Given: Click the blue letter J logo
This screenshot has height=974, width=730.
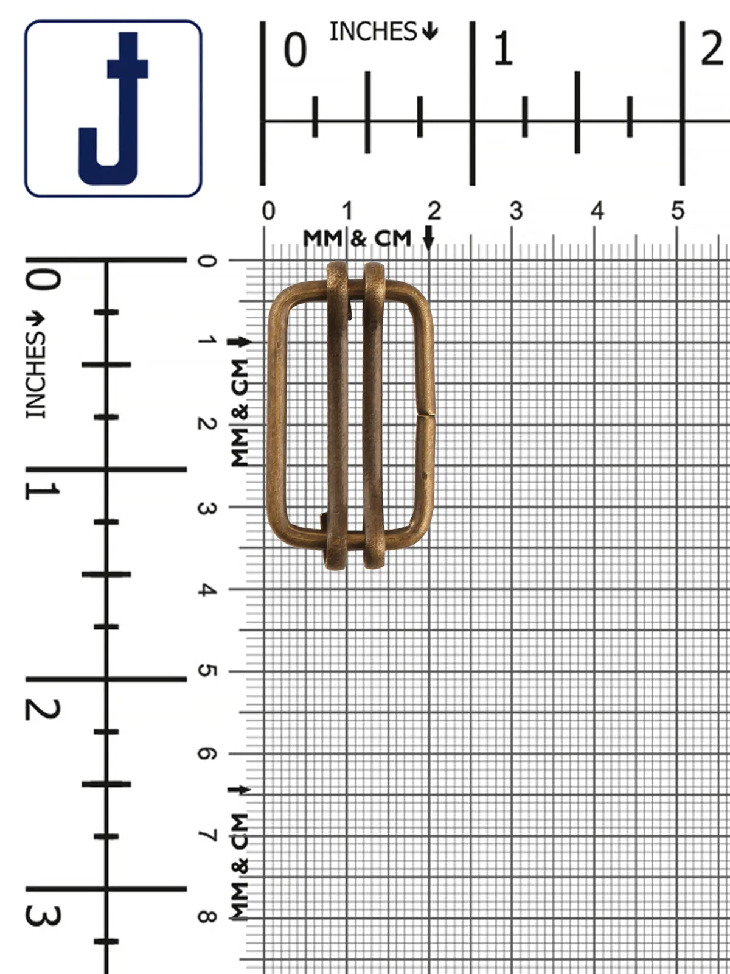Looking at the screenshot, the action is (x=113, y=108).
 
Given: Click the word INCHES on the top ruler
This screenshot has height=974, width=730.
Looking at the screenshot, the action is (x=373, y=32).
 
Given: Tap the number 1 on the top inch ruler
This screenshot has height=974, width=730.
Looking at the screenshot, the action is (x=503, y=49).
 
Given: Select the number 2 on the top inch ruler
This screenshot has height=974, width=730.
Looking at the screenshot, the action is (x=712, y=49).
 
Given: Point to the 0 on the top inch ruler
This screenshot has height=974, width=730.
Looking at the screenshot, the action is (x=295, y=50).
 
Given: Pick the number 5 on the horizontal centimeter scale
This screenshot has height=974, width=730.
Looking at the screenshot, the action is (x=677, y=211).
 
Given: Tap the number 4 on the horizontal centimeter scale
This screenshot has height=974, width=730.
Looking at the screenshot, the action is (x=597, y=211).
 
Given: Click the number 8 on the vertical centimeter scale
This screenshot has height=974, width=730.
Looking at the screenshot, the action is (x=207, y=916).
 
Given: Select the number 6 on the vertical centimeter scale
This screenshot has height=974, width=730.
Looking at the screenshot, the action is (x=207, y=753).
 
